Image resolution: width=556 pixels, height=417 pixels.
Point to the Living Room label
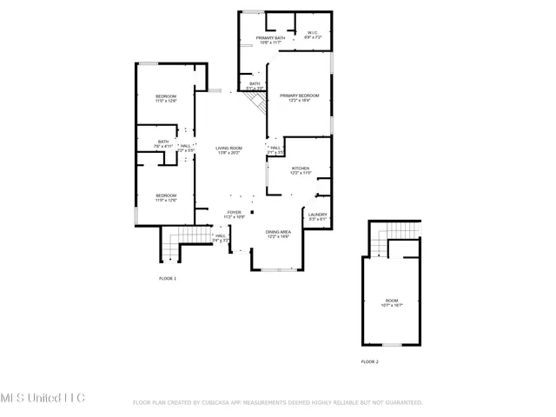coord(228,150)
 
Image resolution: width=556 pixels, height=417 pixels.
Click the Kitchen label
coord(301,170)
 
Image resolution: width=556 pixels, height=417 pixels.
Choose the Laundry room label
coord(316,216)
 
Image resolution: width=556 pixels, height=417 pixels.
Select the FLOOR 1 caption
coord(167,278)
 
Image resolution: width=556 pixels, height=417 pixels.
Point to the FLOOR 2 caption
coord(370,361)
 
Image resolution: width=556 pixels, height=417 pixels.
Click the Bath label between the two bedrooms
coord(163,143)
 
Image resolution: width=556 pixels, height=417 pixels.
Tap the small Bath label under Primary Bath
coord(255,85)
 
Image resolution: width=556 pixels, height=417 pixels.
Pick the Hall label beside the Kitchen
coord(275,149)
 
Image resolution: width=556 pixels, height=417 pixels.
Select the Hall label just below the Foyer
coord(221,237)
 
